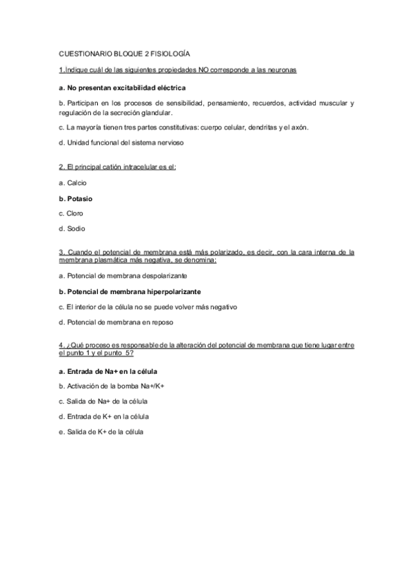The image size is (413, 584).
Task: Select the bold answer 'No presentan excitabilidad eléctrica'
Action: coord(122,88)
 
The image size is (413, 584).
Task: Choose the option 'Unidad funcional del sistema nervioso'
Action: coord(121,143)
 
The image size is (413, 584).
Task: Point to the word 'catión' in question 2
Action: coord(108,167)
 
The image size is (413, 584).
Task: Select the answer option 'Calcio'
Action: coord(72,183)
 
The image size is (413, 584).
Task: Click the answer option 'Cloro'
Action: coord(71,213)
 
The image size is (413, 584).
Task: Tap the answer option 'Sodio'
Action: coord(72,228)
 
